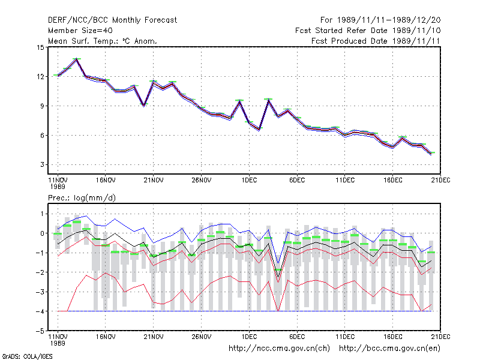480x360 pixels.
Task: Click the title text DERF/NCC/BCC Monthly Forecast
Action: click(x=112, y=20)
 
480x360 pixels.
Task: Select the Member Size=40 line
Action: click(x=80, y=31)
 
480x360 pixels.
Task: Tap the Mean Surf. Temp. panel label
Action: click(x=103, y=41)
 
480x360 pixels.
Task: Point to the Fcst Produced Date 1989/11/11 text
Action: click(x=376, y=41)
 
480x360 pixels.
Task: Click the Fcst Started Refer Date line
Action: click(x=368, y=31)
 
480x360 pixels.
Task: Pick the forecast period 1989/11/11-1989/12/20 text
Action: click(x=380, y=20)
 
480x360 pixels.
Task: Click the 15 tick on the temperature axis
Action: click(x=40, y=47)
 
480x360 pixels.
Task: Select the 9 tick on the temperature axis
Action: click(x=42, y=106)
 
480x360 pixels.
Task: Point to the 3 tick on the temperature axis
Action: click(x=42, y=164)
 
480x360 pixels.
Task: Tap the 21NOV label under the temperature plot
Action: click(x=154, y=181)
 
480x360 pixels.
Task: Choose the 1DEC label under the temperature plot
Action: click(x=249, y=181)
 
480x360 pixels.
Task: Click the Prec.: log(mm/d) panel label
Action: click(x=82, y=198)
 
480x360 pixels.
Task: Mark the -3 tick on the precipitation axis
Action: click(x=40, y=292)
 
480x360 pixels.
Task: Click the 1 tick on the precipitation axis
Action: click(x=43, y=214)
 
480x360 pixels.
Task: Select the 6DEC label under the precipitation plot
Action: click(x=297, y=337)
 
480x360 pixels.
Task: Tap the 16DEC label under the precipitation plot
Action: click(x=393, y=337)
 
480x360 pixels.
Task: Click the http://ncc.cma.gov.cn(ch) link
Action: click(x=279, y=349)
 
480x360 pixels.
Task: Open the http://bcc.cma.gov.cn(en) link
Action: click(x=389, y=349)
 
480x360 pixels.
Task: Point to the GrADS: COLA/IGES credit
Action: click(x=27, y=356)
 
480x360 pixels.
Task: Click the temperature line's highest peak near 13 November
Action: click(x=77, y=59)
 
